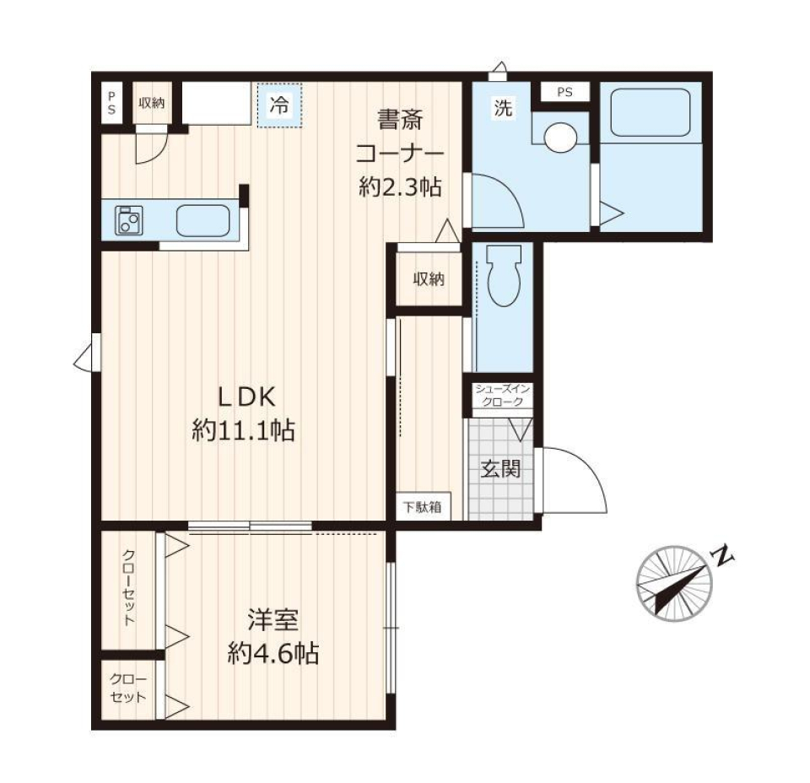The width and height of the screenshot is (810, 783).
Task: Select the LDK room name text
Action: (x=243, y=397)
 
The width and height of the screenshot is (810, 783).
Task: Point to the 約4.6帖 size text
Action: (x=273, y=652)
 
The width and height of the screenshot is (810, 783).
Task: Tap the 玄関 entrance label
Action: (x=500, y=469)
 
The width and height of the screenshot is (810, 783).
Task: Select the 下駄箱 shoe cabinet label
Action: (x=419, y=508)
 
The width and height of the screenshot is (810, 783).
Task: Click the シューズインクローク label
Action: (x=501, y=395)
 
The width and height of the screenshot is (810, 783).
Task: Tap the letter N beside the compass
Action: (x=723, y=556)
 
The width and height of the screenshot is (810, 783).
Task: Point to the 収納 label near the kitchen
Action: (x=151, y=103)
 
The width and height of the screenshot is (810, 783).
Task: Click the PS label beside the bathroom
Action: (x=563, y=92)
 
